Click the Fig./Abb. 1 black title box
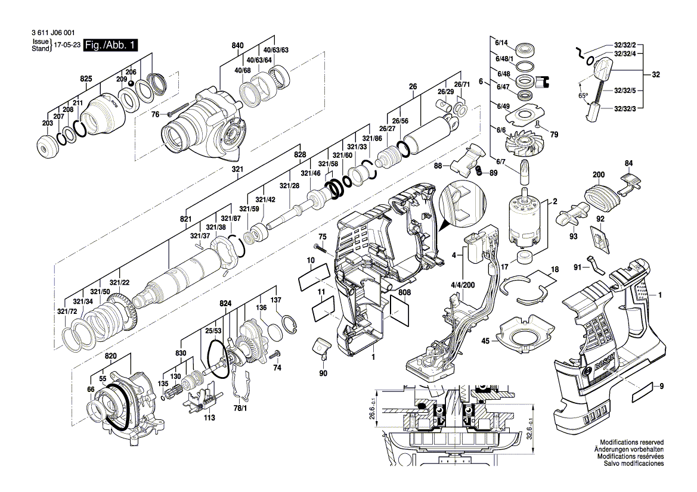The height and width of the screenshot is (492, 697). coord(111,45)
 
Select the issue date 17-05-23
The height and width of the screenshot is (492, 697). coord(67,45)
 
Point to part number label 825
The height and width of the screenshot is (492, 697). coord(86,79)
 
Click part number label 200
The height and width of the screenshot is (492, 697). coord(599,175)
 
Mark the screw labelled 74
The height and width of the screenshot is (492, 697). coord(275,355)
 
